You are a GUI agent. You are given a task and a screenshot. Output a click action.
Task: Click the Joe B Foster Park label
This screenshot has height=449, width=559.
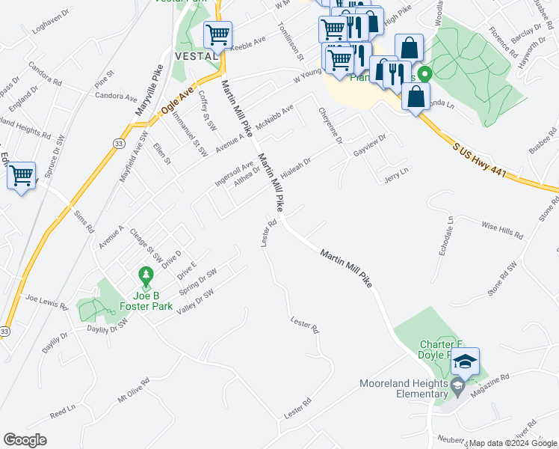click(x=148, y=300)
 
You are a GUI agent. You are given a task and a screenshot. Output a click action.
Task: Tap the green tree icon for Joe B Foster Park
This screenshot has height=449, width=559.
click(x=148, y=276)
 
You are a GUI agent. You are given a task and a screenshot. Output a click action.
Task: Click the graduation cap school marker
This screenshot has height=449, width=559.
click(x=465, y=361)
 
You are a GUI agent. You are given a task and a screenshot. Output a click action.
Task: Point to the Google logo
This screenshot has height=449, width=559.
click(x=25, y=440)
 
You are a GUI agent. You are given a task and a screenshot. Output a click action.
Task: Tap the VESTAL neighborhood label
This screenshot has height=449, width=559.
click(x=196, y=56)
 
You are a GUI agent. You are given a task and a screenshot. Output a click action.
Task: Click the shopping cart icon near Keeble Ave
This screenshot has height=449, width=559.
click(x=217, y=34)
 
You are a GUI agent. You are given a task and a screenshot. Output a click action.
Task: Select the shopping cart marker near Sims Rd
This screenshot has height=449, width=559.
click(x=21, y=176)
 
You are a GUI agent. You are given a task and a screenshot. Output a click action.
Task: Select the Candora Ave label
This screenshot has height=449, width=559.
click(x=115, y=97)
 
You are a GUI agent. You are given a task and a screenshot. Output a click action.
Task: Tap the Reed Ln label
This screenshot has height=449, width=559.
click(x=63, y=412)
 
